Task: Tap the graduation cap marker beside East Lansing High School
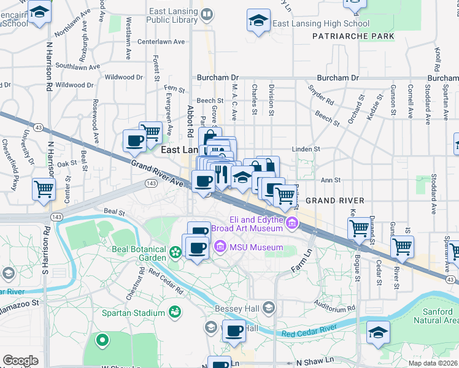tap(258, 20)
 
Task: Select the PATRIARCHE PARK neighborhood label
tap(352, 36)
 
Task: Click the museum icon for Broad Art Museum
tap(291, 224)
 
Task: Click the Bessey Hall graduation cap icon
tap(268, 307)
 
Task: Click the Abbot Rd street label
tap(190, 120)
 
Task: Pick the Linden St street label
tap(307, 148)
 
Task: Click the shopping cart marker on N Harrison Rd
tap(44, 189)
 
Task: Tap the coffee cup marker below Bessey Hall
tap(234, 332)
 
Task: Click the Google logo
tap(20, 360)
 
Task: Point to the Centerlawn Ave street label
tap(161, 42)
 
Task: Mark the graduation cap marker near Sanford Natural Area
tap(378, 334)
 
